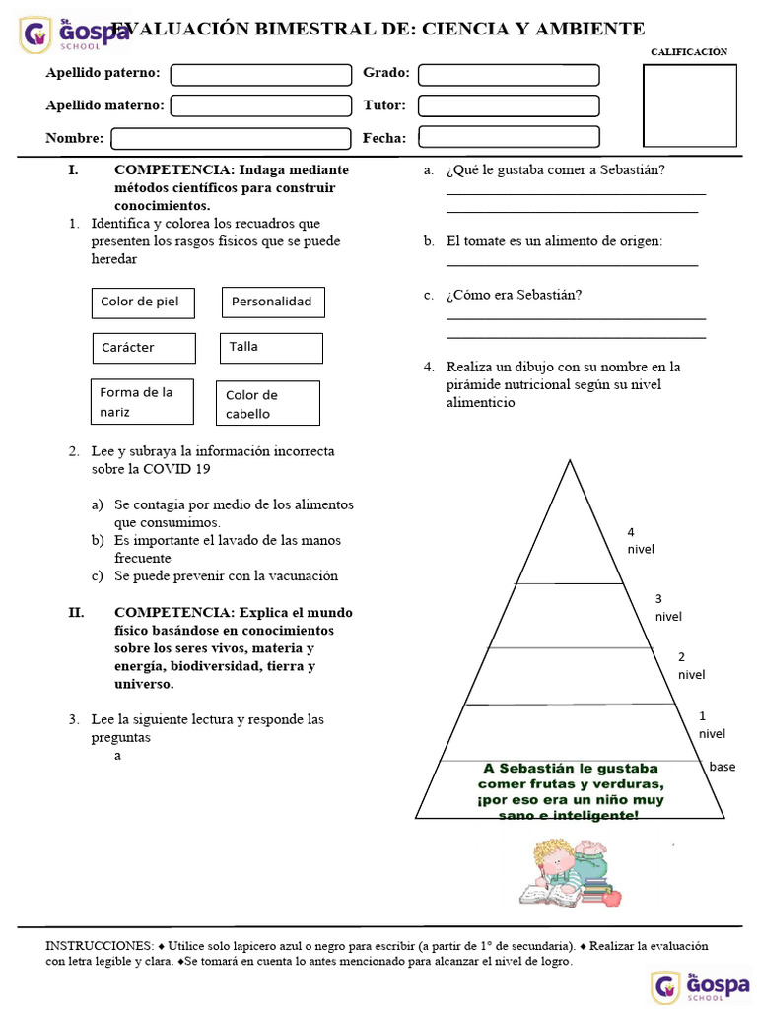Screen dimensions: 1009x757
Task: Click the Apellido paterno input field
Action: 261,75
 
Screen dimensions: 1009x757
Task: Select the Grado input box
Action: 509,75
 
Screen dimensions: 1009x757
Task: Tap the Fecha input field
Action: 509,137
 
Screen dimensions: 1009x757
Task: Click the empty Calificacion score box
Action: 690,104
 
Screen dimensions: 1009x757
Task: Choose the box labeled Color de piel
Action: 143,303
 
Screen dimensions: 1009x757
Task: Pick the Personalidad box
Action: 273,302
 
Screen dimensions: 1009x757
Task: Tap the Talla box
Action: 271,347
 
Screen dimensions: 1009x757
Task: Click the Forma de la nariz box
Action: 142,402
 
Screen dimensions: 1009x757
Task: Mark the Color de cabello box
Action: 268,404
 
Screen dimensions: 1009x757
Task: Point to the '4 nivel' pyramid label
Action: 640,541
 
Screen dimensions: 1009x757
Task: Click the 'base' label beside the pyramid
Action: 722,767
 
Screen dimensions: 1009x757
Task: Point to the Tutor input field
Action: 509,105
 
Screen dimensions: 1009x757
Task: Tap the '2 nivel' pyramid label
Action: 690,666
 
